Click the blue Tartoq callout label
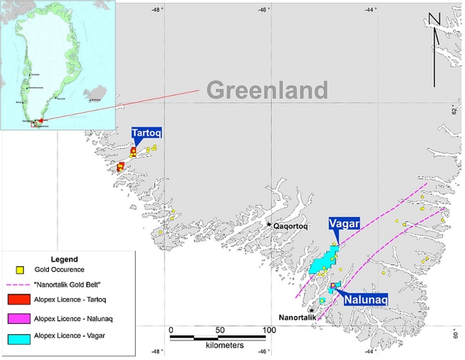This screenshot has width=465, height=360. (x=147, y=133)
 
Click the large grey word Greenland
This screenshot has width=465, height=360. (x=268, y=90)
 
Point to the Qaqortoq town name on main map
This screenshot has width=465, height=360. (x=290, y=225)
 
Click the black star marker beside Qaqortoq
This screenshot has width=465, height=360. (x=269, y=224)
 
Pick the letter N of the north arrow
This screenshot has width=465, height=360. (x=434, y=19)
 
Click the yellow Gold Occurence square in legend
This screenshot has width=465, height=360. (x=19, y=269)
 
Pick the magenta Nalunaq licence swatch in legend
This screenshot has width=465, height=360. (x=19, y=318)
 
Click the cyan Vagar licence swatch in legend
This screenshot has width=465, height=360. (x=19, y=337)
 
